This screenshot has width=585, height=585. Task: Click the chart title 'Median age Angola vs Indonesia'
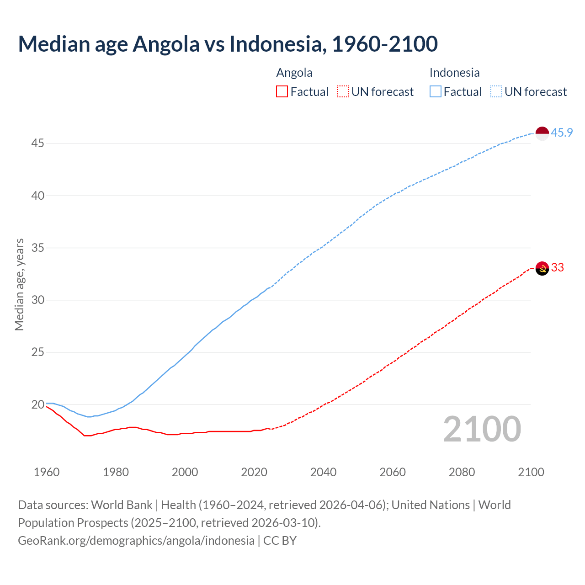coord(228,44)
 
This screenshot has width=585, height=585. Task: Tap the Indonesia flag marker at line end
coord(542,133)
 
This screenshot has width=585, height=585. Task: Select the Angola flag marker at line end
coord(542,268)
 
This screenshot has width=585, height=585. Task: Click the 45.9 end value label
coord(562,133)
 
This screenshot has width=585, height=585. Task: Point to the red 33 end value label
coord(558,267)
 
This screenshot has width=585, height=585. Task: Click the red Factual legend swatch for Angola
coord(282,92)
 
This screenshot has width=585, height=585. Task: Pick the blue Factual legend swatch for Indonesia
coord(435,92)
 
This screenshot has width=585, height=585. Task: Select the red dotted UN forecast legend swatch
coord(343,92)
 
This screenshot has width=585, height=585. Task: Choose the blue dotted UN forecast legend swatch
coord(496,92)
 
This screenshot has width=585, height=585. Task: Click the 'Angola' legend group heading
coord(294,73)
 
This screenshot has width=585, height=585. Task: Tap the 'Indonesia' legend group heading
coord(454,73)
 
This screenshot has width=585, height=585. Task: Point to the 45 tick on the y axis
coord(37,144)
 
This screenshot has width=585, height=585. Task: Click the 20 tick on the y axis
coord(37,405)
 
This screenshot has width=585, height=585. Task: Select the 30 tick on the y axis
coord(37,300)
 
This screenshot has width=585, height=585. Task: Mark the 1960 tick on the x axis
coord(47,472)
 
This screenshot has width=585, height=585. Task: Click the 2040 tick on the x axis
coord(323,472)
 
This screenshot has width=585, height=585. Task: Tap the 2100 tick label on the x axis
coord(531,472)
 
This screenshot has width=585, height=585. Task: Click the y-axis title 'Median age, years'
coord(19,284)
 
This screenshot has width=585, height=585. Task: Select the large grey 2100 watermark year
coord(482,429)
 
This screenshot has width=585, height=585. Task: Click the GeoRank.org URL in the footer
coord(136,541)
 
